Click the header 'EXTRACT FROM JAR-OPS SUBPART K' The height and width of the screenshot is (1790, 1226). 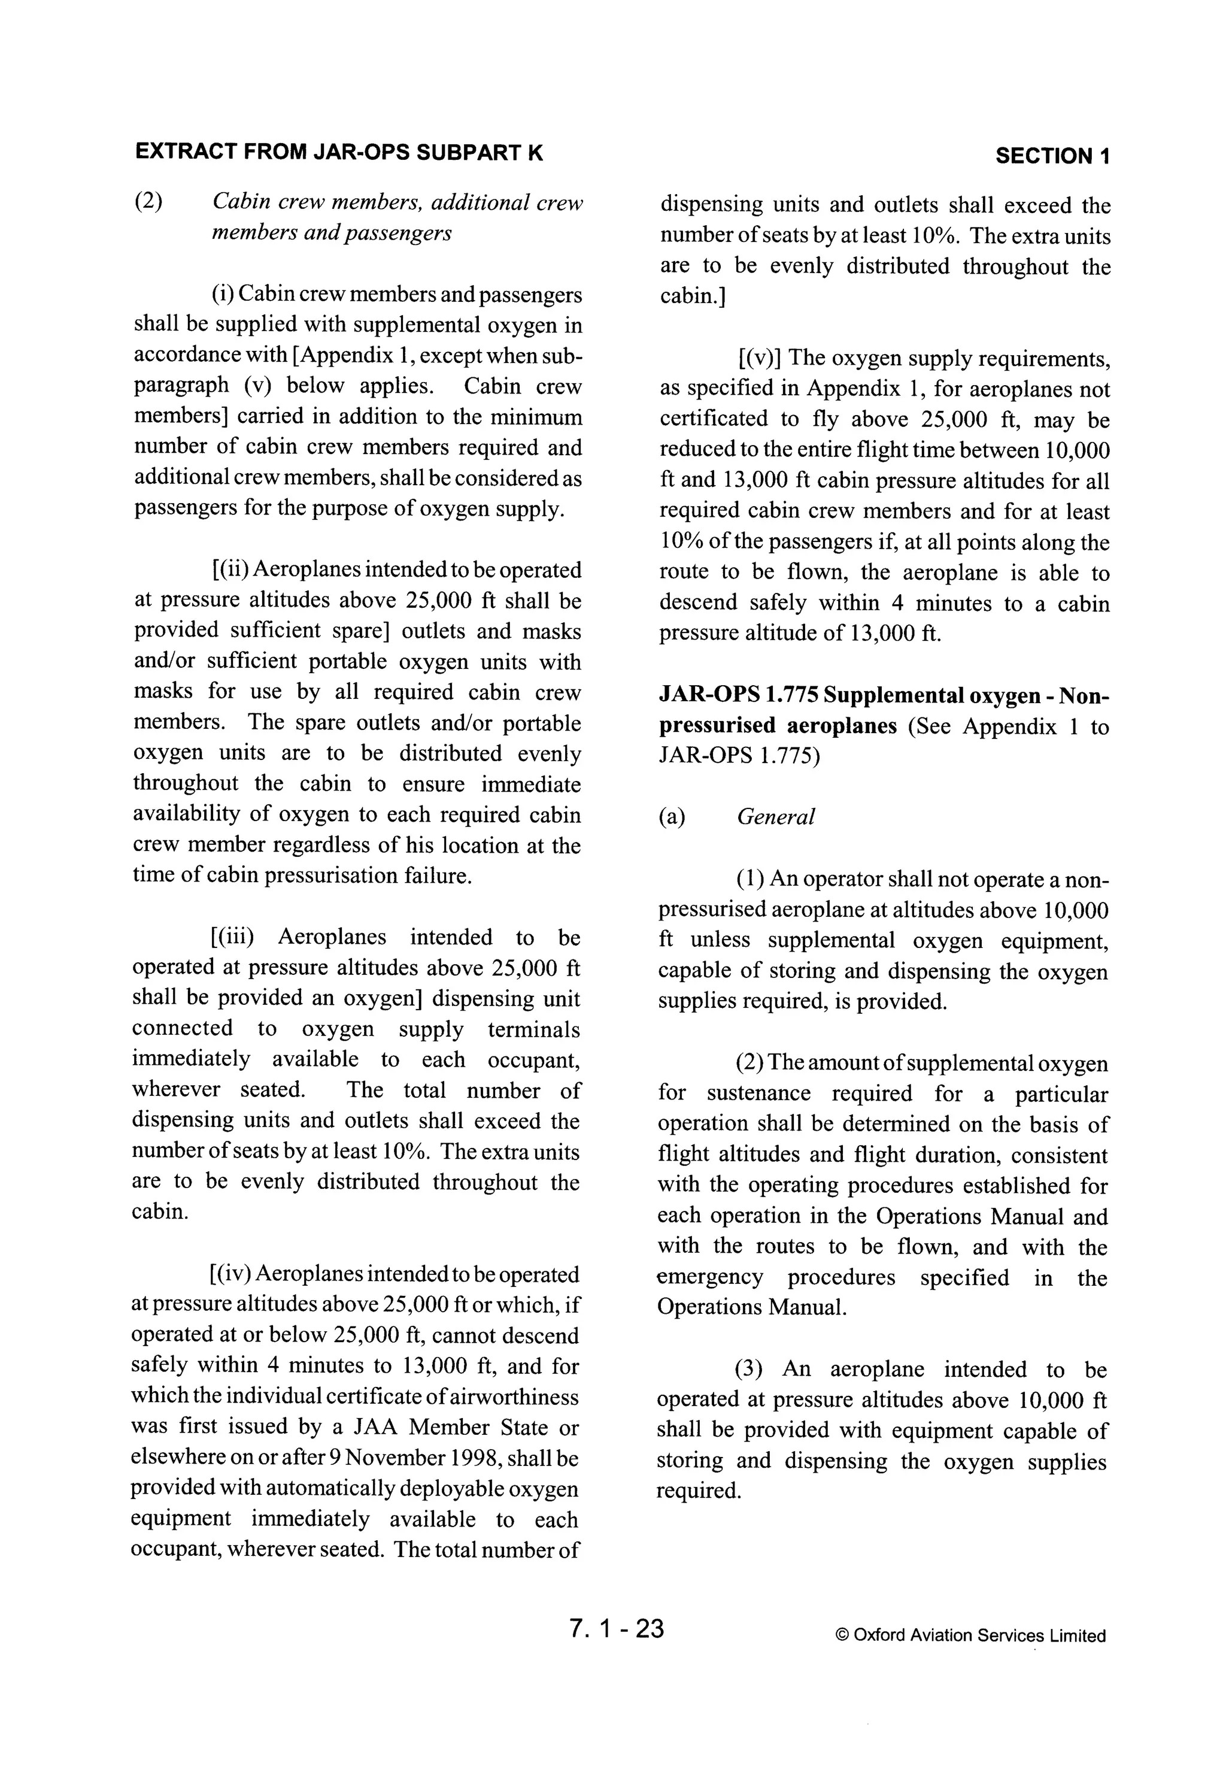[x=339, y=153]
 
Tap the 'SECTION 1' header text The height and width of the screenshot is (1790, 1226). [x=1052, y=156]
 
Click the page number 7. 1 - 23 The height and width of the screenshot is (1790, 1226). [x=616, y=1628]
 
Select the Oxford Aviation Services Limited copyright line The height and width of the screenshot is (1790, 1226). [x=970, y=1635]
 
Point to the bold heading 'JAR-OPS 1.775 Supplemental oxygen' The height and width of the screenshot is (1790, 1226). [x=884, y=695]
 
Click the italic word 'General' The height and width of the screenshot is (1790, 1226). [x=775, y=817]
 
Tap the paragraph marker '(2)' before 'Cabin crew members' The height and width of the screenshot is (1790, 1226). [x=148, y=202]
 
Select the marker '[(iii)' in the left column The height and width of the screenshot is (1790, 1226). [x=231, y=937]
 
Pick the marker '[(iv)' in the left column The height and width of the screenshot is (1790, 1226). [x=229, y=1274]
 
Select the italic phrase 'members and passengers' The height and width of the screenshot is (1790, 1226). [x=331, y=232]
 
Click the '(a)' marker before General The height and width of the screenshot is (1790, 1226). [x=672, y=817]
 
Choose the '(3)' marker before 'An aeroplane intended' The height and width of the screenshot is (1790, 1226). [x=748, y=1370]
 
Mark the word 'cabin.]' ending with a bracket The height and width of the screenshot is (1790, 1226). [x=691, y=296]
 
